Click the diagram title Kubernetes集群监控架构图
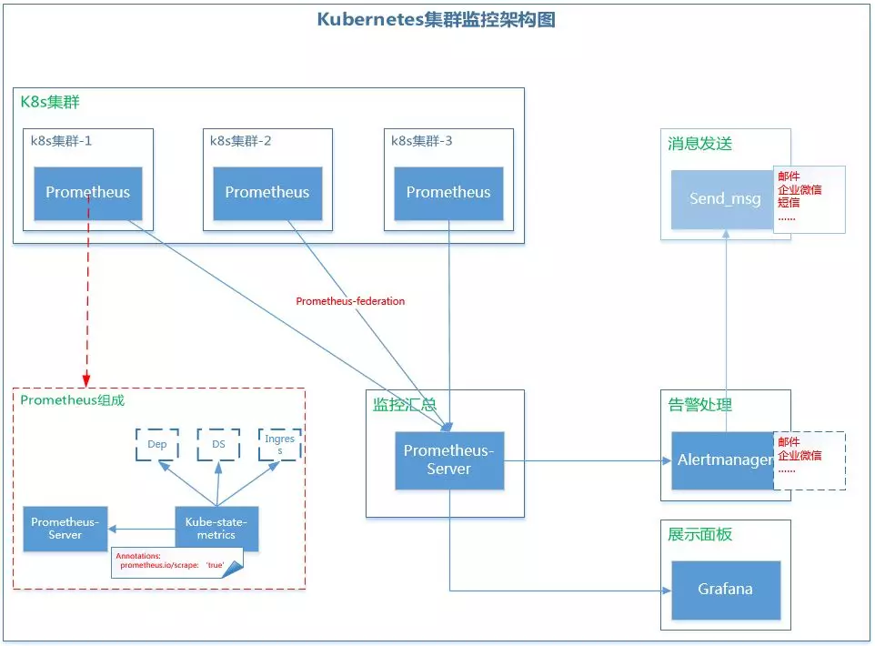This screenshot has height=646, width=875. tap(436, 19)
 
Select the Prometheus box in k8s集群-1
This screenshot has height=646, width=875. tap(87, 193)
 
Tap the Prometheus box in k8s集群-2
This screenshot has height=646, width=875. tap(267, 193)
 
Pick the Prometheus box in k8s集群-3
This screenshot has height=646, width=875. tap(448, 193)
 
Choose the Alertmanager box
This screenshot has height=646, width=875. tap(724, 460)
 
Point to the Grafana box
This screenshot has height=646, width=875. tap(726, 590)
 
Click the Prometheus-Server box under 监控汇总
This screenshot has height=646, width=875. tap(449, 460)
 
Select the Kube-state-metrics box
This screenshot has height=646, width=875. tap(216, 529)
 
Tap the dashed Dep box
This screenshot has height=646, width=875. tap(157, 445)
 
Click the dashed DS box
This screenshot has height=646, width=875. tap(218, 445)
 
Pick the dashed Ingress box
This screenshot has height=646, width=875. tap(279, 445)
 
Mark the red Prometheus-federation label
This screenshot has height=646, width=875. tap(350, 301)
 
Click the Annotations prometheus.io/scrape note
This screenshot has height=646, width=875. tap(173, 560)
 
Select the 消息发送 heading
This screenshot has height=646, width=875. tap(699, 144)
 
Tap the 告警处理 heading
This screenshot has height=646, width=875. tap(699, 405)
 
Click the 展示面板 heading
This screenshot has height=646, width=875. tap(699, 535)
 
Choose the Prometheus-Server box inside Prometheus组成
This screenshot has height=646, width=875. tap(65, 529)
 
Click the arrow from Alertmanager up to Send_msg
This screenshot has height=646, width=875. tap(726, 328)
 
